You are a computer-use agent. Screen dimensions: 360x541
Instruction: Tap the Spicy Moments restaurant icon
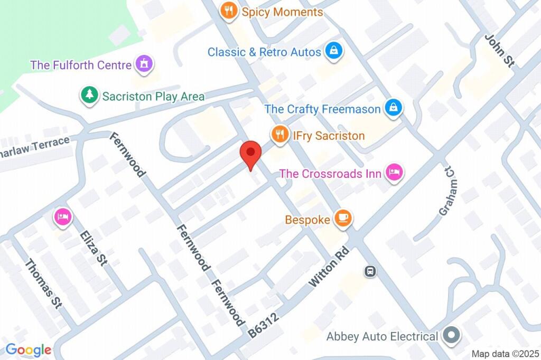(229, 11)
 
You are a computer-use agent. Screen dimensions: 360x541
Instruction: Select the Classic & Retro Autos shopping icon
(334, 52)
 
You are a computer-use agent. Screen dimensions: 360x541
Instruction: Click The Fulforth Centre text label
(81, 65)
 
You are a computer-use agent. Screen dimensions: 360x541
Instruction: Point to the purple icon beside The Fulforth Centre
(143, 64)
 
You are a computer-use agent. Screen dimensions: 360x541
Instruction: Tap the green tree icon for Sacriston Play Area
(90, 96)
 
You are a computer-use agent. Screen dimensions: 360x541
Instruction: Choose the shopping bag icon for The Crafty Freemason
(393, 109)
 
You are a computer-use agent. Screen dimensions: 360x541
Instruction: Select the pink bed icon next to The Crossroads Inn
(394, 173)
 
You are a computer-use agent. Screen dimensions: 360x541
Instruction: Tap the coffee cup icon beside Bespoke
(343, 218)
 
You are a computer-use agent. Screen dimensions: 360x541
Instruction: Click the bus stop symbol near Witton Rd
(370, 271)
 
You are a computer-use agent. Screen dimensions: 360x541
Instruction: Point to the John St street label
(499, 51)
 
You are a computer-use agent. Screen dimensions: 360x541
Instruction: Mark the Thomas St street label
(44, 283)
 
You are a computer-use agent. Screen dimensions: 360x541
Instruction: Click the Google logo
(29, 349)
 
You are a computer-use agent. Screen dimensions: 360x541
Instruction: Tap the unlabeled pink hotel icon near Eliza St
(62, 217)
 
